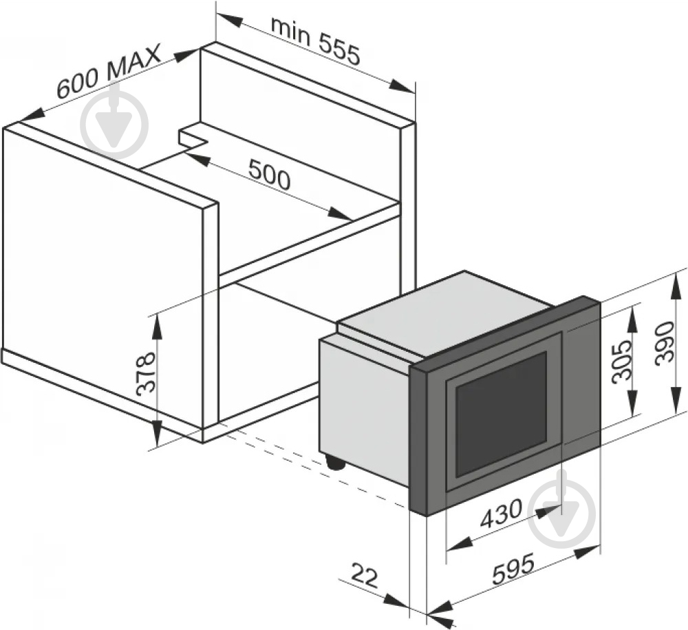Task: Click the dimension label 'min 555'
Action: coord(315,41)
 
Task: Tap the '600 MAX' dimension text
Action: coord(109,71)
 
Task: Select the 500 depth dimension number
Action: coord(270,174)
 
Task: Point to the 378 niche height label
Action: coord(146,373)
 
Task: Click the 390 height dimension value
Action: coord(664,342)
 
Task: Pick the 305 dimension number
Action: coord(622,361)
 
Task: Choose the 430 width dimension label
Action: coord(502,514)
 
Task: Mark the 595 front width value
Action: coord(514,569)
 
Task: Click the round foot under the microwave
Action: coord(336,462)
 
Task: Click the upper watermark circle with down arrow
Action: coord(114,124)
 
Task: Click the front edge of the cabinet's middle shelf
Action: coord(310,246)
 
